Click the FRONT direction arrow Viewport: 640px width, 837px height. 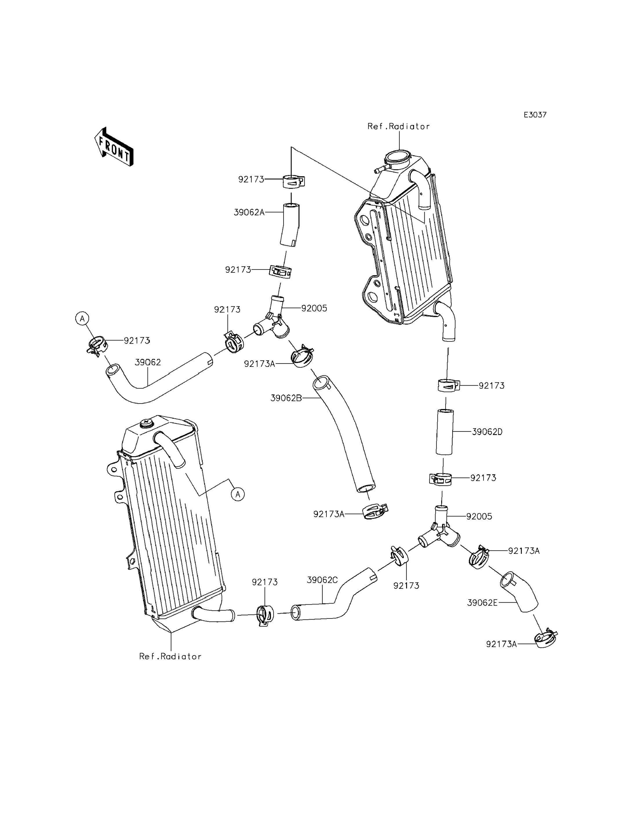click(x=114, y=147)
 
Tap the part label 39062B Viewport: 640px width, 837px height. click(x=286, y=398)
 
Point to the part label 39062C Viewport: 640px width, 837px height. click(x=322, y=580)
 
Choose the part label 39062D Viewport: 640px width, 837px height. click(x=487, y=432)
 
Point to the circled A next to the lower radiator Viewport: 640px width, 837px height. click(x=238, y=494)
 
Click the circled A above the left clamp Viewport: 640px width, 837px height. click(x=82, y=318)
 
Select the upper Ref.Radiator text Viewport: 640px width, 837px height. click(x=399, y=126)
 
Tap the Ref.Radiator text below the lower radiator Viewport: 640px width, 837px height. click(x=170, y=657)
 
